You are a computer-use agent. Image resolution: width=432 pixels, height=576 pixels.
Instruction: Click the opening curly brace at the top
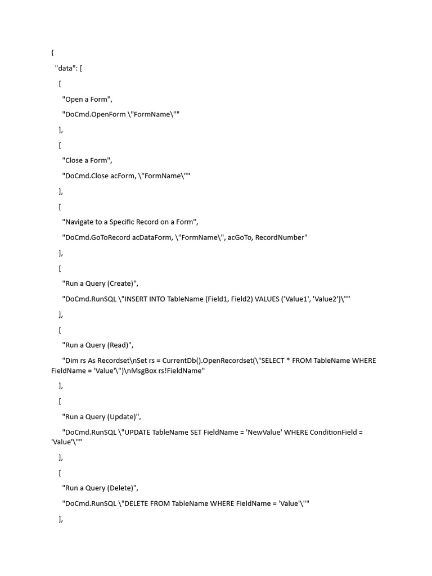coord(52,53)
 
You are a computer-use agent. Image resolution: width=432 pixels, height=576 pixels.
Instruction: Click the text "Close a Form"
coord(87,160)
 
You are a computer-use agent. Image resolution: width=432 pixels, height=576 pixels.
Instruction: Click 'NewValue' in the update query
coord(267,433)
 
